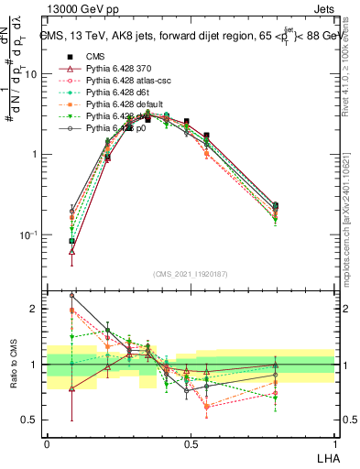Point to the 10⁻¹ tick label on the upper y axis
point(29,234)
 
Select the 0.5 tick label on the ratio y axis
point(31,420)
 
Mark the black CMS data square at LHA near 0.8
point(277,206)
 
